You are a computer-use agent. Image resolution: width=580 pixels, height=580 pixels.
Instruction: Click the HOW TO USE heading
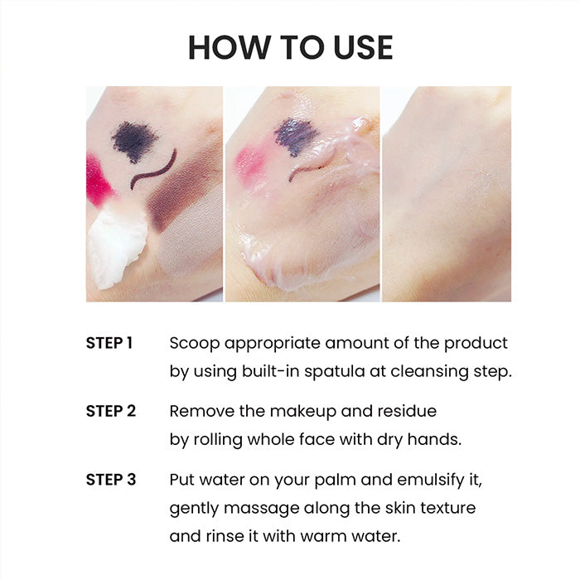click(x=290, y=47)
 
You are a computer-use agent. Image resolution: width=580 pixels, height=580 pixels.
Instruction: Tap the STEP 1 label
click(x=109, y=343)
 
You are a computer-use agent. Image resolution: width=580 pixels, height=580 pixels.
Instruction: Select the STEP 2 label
click(x=111, y=411)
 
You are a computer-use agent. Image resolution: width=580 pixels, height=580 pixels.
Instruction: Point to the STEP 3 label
click(x=111, y=480)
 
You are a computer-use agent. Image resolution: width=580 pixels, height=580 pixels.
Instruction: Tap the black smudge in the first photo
click(x=134, y=142)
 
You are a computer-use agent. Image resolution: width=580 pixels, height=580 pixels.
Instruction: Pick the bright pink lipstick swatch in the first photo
click(x=99, y=179)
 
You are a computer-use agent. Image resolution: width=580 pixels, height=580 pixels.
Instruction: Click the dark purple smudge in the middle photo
click(x=296, y=136)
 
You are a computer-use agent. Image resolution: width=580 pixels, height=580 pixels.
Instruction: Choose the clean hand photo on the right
click(x=447, y=194)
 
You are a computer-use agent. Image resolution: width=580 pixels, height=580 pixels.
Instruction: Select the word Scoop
click(x=195, y=344)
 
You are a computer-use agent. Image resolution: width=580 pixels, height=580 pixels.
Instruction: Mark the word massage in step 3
click(x=262, y=509)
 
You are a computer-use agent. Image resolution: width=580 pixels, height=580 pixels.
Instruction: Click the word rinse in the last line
click(x=227, y=536)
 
